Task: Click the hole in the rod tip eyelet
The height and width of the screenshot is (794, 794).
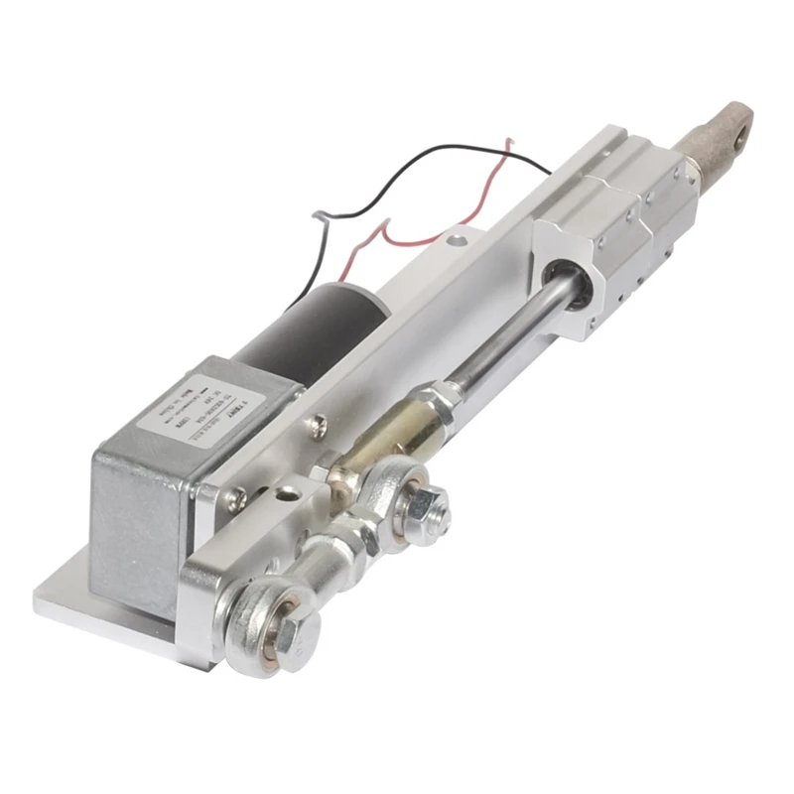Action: pyautogui.click(x=734, y=124)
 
